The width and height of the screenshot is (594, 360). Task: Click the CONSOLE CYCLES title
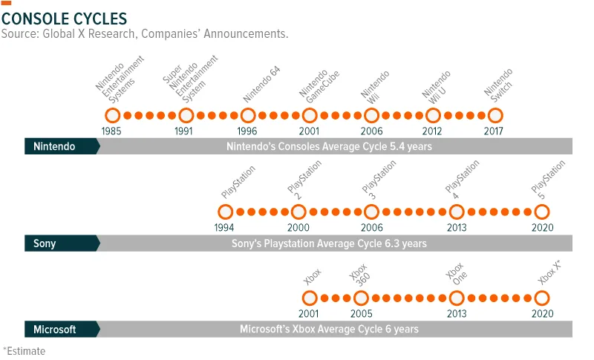pos(64,19)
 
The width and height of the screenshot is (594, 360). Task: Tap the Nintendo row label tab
pos(62,146)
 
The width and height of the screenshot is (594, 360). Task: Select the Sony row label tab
pos(62,243)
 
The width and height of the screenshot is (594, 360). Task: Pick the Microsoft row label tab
pos(62,329)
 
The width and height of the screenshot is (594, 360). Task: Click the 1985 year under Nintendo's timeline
pos(111,131)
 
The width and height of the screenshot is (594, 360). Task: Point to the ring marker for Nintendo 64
pos(248,108)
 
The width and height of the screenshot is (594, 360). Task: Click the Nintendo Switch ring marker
pos(495,108)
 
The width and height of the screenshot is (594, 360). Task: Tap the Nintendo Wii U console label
pos(437,88)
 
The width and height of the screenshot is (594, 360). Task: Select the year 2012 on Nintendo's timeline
pos(432,131)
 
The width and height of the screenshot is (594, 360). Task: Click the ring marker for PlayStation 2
pos(298,205)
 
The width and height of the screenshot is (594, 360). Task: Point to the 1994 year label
pos(224,228)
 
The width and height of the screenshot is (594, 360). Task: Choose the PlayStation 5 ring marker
pos(542,205)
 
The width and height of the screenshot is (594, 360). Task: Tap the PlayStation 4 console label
pos(462,180)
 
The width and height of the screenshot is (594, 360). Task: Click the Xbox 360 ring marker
pos(361,291)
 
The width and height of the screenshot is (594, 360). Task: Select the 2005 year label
pos(361,313)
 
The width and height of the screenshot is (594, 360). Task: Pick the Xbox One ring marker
pos(457,291)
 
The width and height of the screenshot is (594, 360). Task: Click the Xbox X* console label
pos(549,272)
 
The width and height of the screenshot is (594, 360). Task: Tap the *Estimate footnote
pos(25,351)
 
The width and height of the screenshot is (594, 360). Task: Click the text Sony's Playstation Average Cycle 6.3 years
pos(329,243)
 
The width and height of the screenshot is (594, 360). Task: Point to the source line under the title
pos(145,33)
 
